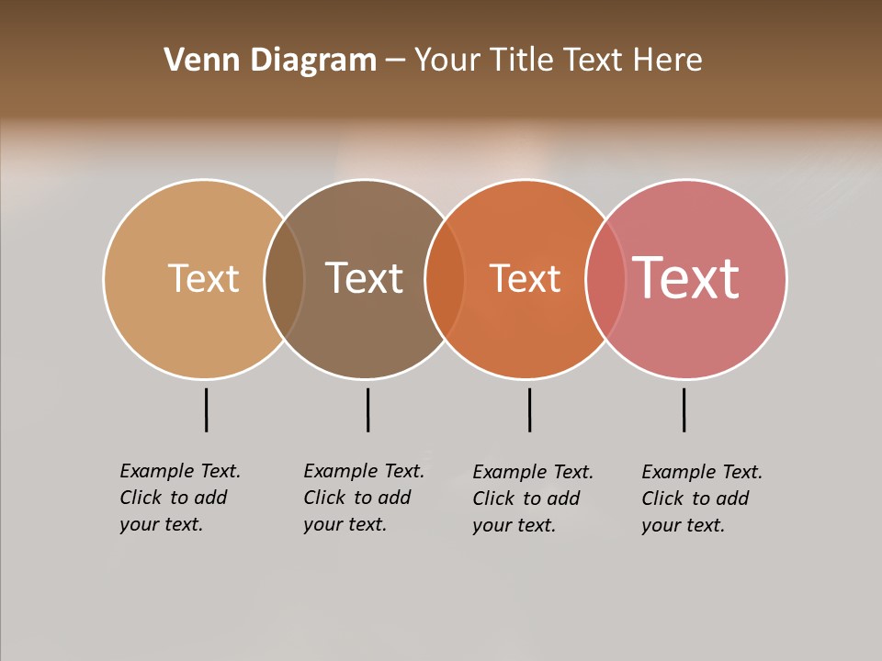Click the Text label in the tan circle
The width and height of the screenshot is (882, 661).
[x=203, y=278]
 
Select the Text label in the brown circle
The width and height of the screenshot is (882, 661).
[x=365, y=278]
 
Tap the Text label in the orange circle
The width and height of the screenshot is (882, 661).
[x=525, y=278]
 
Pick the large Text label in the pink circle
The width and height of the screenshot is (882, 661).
[x=686, y=278]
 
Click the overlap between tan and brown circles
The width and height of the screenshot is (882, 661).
[x=284, y=279]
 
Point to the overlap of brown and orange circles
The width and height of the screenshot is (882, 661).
[x=445, y=279]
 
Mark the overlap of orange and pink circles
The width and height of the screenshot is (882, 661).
[x=605, y=279]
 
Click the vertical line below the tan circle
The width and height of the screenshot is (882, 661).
[x=206, y=409]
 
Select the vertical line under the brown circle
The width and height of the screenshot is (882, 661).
[x=367, y=409]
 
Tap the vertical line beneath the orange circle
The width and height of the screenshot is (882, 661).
[x=529, y=409]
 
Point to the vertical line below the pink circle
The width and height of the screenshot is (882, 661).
[x=684, y=409]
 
